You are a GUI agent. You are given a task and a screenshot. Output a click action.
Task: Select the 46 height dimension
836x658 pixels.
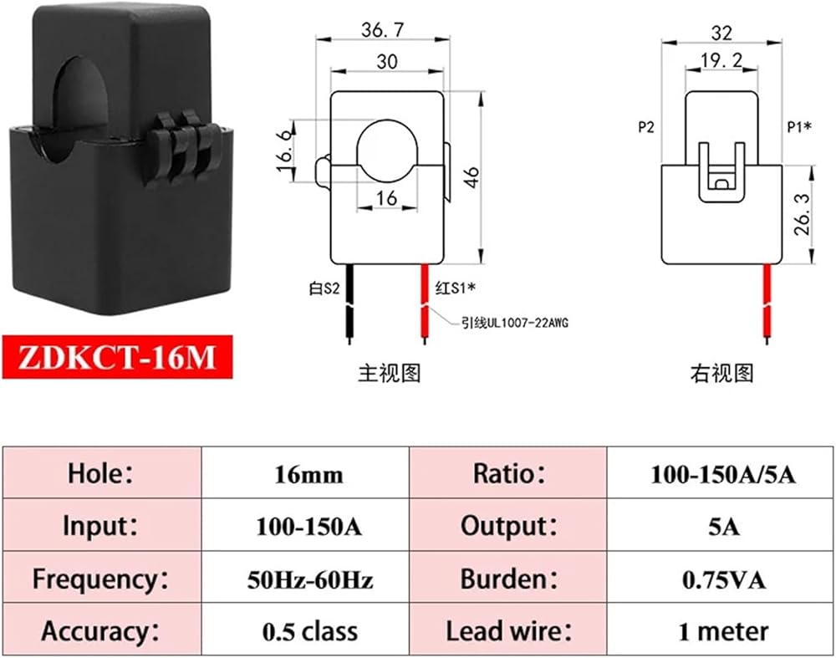(x=472, y=177)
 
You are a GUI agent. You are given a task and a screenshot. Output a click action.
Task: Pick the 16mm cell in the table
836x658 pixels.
(x=308, y=474)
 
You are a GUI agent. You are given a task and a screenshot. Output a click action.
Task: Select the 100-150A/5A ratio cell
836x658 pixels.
(x=723, y=474)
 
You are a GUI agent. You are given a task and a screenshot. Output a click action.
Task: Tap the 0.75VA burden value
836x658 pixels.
(x=723, y=579)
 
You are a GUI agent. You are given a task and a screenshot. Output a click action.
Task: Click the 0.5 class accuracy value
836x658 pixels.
(x=308, y=630)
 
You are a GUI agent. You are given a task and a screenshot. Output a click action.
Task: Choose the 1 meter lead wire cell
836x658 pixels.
(x=723, y=630)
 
